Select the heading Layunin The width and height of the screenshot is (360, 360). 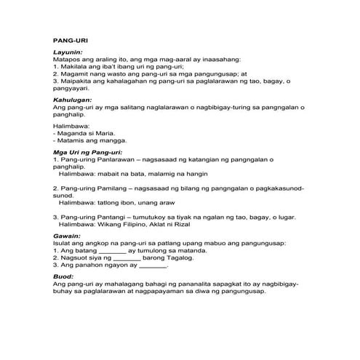tap(68, 53)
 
